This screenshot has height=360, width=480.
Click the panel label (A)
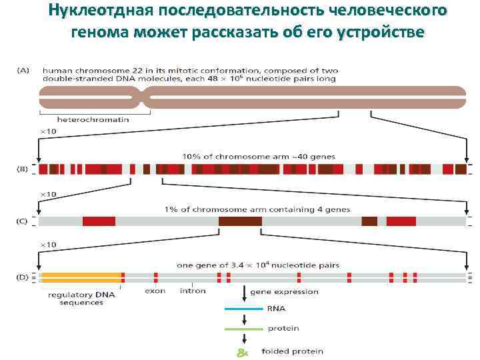point(22,71)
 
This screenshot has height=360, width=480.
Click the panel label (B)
point(22,169)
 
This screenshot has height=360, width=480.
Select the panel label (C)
point(22,221)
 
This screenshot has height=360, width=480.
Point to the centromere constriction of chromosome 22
point(144,99)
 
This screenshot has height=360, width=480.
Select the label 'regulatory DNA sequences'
point(81,298)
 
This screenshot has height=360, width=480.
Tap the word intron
point(193,291)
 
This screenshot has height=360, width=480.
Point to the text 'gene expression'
point(284,291)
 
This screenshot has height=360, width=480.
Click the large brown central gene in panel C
point(240,221)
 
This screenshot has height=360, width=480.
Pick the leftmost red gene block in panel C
point(99,221)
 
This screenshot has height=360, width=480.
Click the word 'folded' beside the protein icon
point(275,351)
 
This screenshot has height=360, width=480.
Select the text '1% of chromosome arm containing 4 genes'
point(257,209)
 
